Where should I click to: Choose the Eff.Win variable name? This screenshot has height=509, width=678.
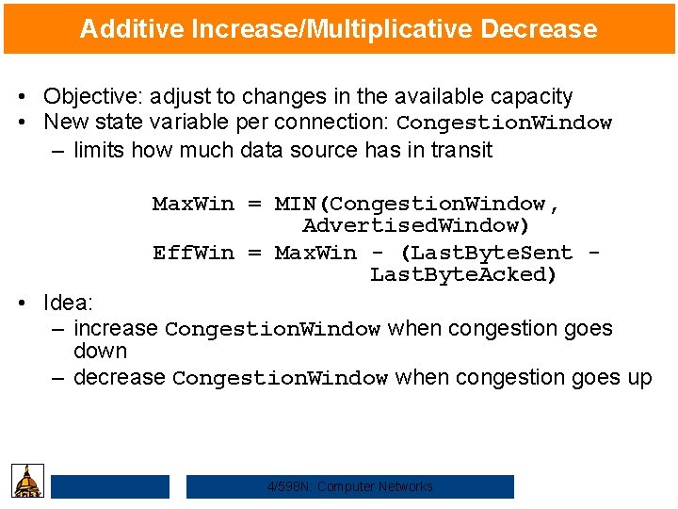pyautogui.click(x=193, y=253)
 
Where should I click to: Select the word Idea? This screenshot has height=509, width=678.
pyautogui.click(x=68, y=303)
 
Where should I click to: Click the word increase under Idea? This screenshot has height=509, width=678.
pyautogui.click(x=115, y=329)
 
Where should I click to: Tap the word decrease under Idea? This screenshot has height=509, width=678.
pyautogui.click(x=119, y=378)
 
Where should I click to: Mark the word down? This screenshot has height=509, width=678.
pyautogui.click(x=100, y=352)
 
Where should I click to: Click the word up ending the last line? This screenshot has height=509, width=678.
pyautogui.click(x=638, y=378)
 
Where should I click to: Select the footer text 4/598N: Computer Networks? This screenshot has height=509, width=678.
pyautogui.click(x=350, y=486)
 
